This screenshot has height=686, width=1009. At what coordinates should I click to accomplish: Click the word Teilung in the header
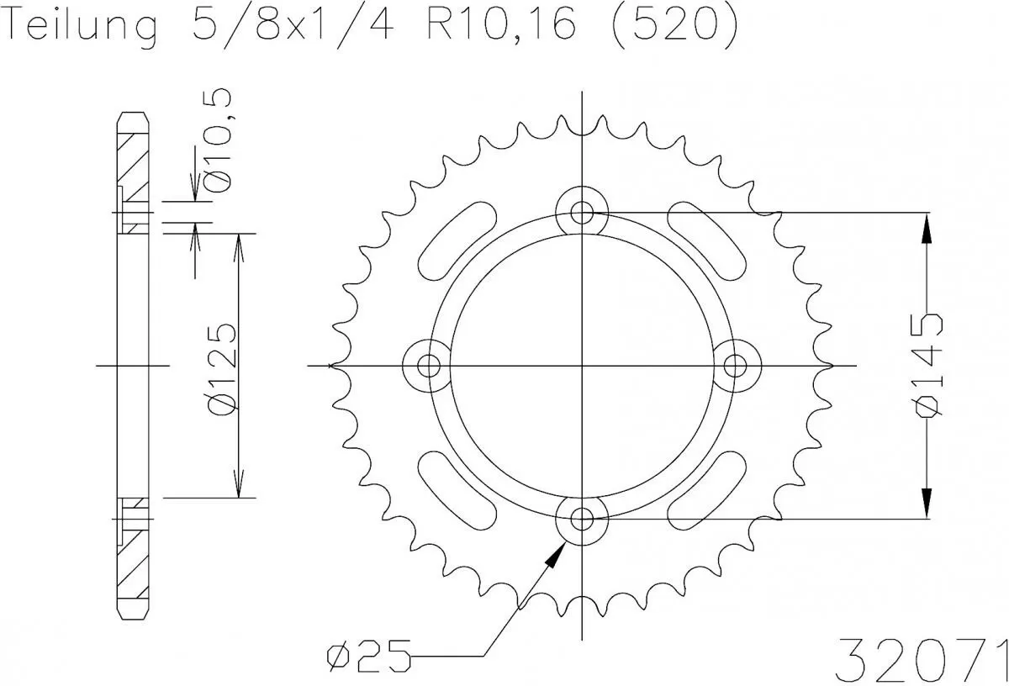[79, 27]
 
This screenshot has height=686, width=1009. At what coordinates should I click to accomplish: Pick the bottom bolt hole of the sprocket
[582, 519]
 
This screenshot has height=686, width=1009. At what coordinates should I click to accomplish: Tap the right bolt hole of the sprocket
[736, 365]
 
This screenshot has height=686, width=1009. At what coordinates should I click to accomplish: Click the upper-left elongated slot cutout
[458, 240]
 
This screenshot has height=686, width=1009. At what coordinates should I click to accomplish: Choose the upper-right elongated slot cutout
[706, 240]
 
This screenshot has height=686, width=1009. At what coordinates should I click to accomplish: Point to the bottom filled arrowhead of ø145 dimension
[926, 502]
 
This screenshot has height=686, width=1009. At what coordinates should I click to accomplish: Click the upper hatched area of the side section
[133, 160]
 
